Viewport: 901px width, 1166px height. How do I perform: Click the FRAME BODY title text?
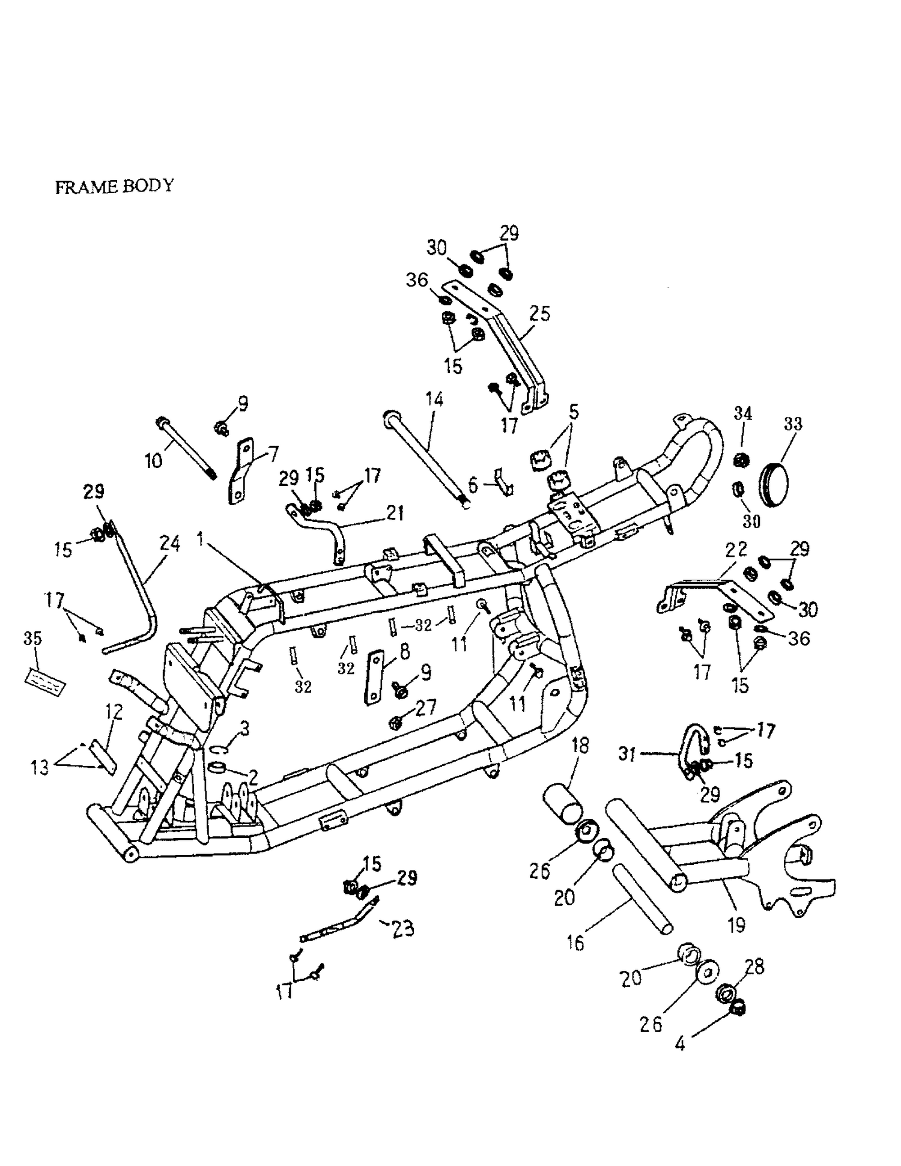pyautogui.click(x=114, y=186)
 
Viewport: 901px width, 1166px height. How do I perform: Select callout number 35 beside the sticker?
pyautogui.click(x=32, y=639)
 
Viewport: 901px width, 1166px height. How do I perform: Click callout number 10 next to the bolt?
pyautogui.click(x=154, y=461)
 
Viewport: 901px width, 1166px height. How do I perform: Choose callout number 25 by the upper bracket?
pyautogui.click(x=539, y=314)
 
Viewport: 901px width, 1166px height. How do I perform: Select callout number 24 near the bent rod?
pyautogui.click(x=170, y=544)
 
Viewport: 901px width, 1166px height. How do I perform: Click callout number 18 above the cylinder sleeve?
pyautogui.click(x=580, y=746)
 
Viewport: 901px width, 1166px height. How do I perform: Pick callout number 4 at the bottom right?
pyautogui.click(x=679, y=1044)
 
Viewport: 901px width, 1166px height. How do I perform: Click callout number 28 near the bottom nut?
pyautogui.click(x=754, y=967)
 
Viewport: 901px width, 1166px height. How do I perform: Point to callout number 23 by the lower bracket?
pyautogui.click(x=402, y=929)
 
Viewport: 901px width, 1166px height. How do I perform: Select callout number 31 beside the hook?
pyautogui.click(x=627, y=754)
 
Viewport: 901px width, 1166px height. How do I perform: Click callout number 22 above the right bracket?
pyautogui.click(x=736, y=549)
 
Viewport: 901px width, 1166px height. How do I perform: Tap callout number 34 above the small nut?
pyautogui.click(x=743, y=413)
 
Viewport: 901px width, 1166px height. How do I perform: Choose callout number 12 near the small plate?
pyautogui.click(x=114, y=712)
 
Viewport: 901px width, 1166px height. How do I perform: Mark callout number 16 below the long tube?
pyautogui.click(x=575, y=943)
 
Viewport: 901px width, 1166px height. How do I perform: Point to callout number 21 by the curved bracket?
pyautogui.click(x=395, y=513)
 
